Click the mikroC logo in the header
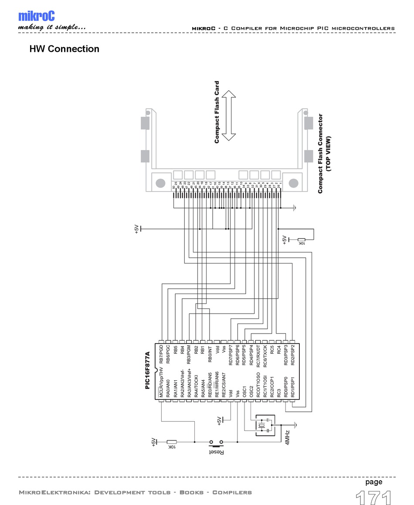[x=36, y=16]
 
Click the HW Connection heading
[x=64, y=49]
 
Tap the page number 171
[x=373, y=497]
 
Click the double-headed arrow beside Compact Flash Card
[x=229, y=116]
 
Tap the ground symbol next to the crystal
[x=295, y=424]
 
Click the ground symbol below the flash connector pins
[x=295, y=208]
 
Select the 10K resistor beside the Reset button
[x=172, y=442]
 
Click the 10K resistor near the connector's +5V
[x=301, y=239]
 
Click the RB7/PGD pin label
[x=161, y=354]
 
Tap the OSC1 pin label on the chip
[x=244, y=390]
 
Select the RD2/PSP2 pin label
[x=292, y=355]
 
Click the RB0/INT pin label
[x=210, y=354]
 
